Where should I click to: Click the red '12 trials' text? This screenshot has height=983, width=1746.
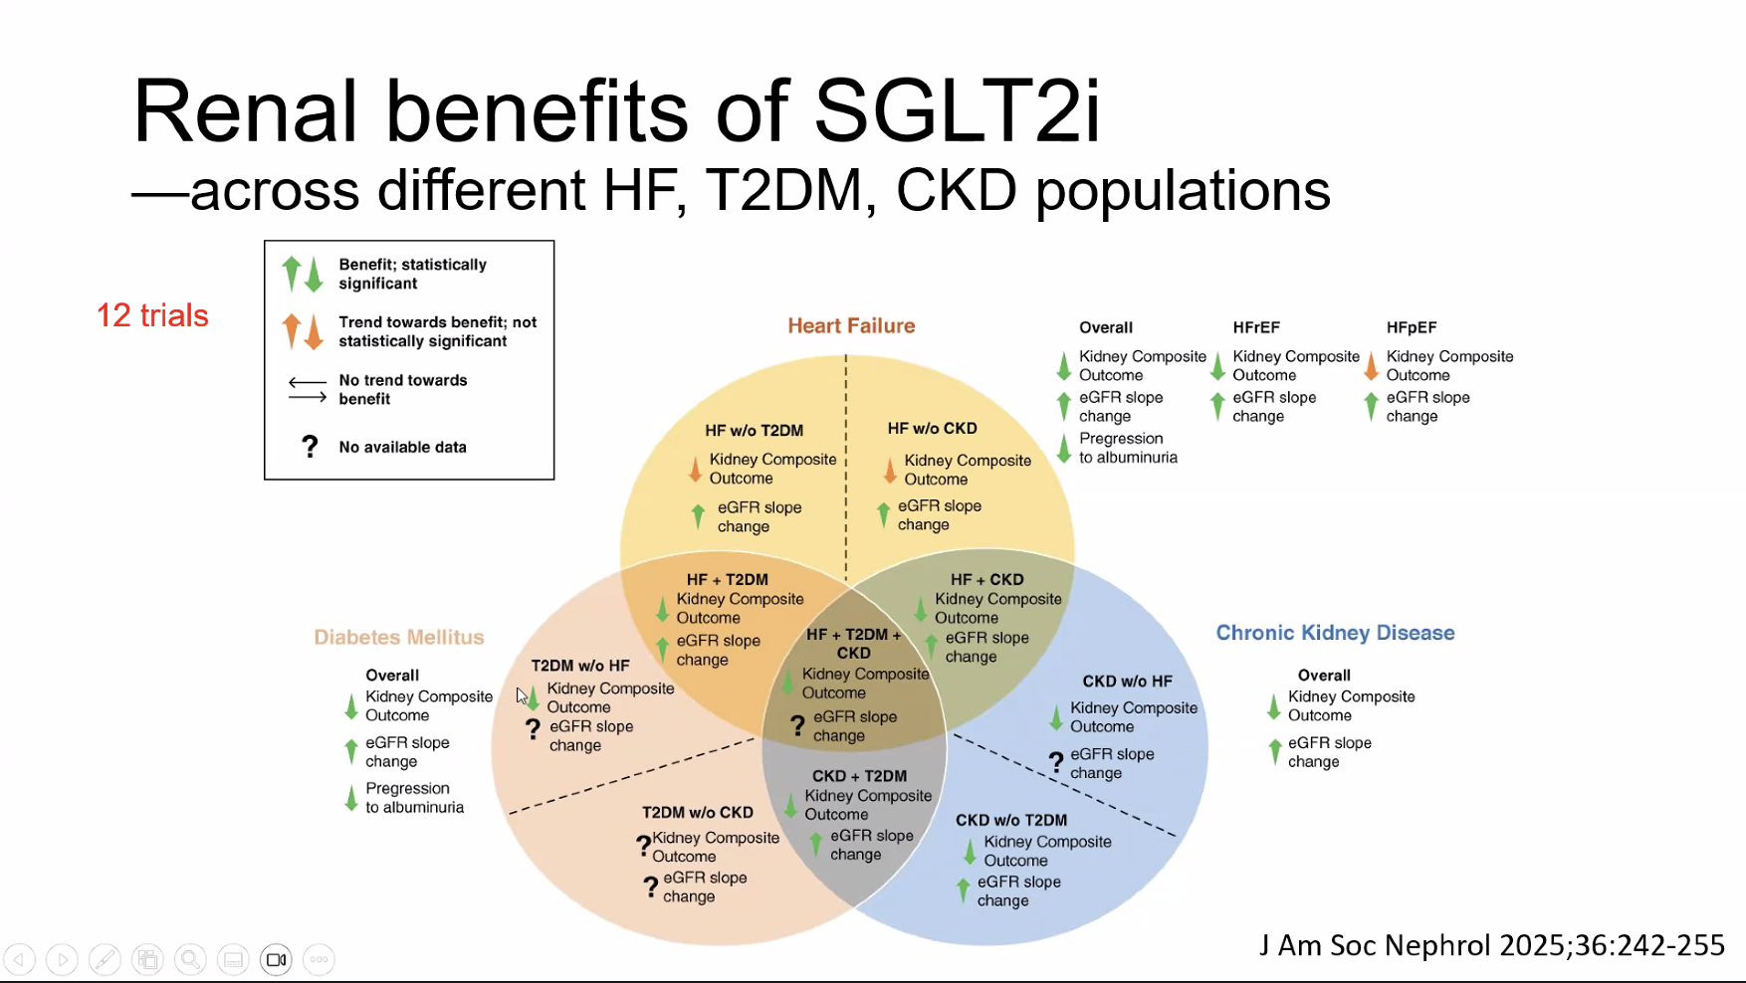tap(152, 315)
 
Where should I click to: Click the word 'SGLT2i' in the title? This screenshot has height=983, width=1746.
tap(958, 110)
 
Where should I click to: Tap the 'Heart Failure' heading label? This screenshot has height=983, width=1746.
tap(851, 325)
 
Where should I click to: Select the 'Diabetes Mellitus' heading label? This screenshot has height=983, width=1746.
tap(399, 637)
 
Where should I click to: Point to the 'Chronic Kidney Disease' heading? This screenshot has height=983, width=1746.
tap(1335, 633)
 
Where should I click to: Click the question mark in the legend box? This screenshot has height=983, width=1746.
tap(310, 447)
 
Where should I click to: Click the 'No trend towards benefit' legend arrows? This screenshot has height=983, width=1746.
tap(308, 389)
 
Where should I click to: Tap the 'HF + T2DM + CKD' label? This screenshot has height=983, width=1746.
tap(853, 644)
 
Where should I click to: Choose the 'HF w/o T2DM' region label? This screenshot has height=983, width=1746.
tap(754, 430)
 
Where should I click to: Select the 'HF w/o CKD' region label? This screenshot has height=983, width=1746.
tap(932, 428)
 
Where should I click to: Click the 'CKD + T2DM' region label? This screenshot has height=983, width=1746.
tap(859, 776)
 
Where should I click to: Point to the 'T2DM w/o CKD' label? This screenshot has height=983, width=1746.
tap(697, 812)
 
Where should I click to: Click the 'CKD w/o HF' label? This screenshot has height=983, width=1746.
tap(1127, 682)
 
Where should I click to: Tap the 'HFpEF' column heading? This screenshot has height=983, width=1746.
tap(1411, 327)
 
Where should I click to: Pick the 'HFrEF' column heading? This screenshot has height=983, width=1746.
tap(1256, 327)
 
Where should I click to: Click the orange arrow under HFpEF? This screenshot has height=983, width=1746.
tap(1371, 365)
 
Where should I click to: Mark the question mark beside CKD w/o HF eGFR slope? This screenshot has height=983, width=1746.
tap(1056, 763)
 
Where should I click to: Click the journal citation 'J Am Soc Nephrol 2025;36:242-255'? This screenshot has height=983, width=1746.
tap(1492, 945)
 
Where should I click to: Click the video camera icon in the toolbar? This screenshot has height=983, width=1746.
tap(276, 959)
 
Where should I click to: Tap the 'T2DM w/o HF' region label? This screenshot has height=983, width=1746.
tap(579, 666)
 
